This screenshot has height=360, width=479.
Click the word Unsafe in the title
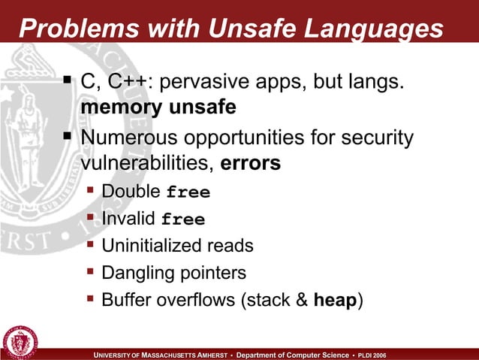pyautogui.click(x=238, y=29)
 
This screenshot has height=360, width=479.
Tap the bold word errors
pyautogui.click(x=251, y=163)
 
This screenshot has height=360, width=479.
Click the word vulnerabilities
pyautogui.click(x=147, y=163)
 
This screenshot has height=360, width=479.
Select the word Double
pyautogui.click(x=131, y=192)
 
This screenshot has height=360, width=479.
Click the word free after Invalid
pyautogui.click(x=183, y=219)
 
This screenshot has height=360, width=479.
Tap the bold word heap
pyautogui.click(x=334, y=300)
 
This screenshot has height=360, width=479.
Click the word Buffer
pyautogui.click(x=125, y=300)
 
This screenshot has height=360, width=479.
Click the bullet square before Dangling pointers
pyautogui.click(x=91, y=271)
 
